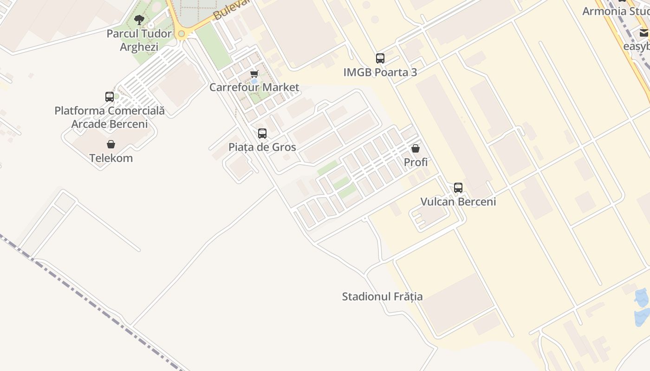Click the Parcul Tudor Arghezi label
[x=139, y=40]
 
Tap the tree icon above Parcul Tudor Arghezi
[x=139, y=19]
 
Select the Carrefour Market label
[x=254, y=87]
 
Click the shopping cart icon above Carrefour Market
[x=254, y=74]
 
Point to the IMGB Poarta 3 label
[x=380, y=72]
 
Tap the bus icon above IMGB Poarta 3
[x=380, y=58]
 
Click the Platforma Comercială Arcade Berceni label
[x=110, y=117]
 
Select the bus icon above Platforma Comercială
[x=110, y=97]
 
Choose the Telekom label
[x=111, y=158]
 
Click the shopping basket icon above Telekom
[x=111, y=144]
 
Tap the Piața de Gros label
[x=262, y=147]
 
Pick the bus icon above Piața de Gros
[x=262, y=134]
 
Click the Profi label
[x=416, y=162]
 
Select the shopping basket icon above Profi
[x=416, y=148]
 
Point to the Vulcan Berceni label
[x=458, y=202]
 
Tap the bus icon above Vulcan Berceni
[x=458, y=188]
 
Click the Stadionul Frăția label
[x=382, y=297]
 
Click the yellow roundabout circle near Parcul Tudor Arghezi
[x=182, y=34]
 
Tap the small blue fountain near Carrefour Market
[x=254, y=81]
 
